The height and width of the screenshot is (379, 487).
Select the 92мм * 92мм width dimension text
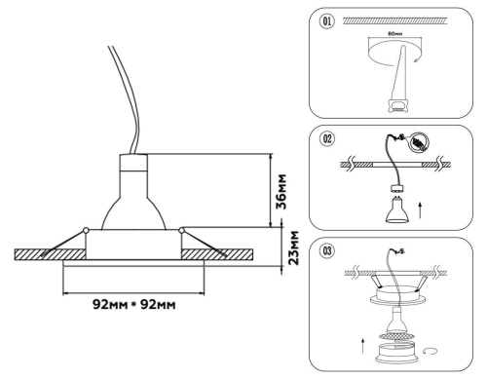click(133, 305)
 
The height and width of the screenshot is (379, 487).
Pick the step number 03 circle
click(328, 254)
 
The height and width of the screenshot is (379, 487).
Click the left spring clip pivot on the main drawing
click(86, 231)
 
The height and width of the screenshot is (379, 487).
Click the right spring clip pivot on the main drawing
click(182, 231)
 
